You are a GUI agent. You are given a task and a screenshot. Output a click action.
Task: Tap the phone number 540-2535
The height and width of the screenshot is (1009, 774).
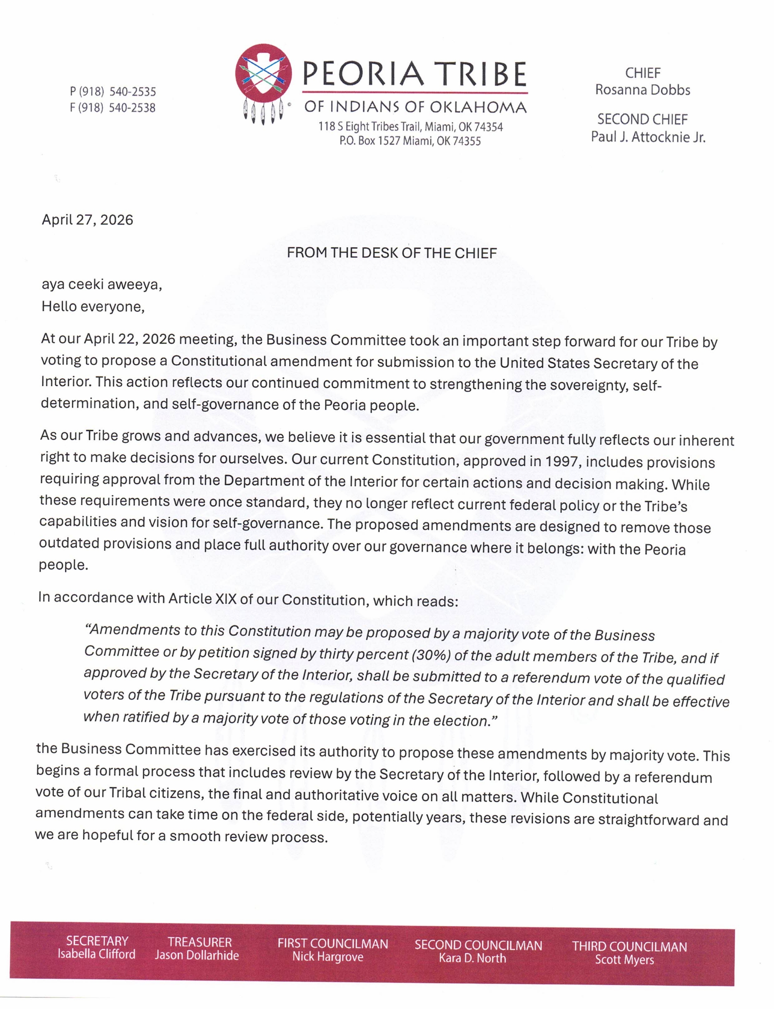pyautogui.click(x=133, y=91)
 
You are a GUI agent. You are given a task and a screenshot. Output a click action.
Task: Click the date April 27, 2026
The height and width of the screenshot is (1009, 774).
pyautogui.click(x=87, y=220)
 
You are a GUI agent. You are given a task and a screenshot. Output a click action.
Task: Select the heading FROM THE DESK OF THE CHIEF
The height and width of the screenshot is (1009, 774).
pyautogui.click(x=392, y=253)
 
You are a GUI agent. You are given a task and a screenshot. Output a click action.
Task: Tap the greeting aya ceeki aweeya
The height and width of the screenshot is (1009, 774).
pyautogui.click(x=101, y=285)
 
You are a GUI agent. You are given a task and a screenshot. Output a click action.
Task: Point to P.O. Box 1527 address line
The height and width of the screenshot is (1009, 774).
pyautogui.click(x=410, y=141)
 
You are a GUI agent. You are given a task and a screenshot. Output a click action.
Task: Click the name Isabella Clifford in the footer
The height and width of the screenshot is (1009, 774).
pyautogui.click(x=96, y=954)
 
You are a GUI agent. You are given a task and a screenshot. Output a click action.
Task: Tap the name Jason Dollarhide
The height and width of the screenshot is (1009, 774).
pyautogui.click(x=197, y=955)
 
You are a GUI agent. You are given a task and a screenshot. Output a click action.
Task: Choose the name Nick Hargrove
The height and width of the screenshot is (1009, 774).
pyautogui.click(x=328, y=957)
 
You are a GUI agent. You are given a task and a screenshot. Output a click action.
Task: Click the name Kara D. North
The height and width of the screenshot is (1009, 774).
pyautogui.click(x=472, y=958)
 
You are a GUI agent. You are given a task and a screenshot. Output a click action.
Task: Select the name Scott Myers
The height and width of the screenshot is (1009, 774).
pyautogui.click(x=624, y=959)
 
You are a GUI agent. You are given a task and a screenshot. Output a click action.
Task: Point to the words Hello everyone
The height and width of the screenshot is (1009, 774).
pyautogui.click(x=93, y=307)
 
